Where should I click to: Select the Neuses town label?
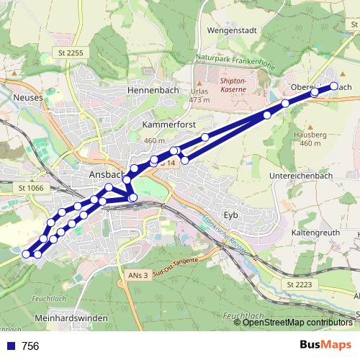pyautogui.click(x=29, y=96)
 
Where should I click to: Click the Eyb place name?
pyautogui.click(x=230, y=215)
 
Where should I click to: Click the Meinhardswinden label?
pyautogui.click(x=71, y=318)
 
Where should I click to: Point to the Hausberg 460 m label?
pyautogui.click(x=311, y=139)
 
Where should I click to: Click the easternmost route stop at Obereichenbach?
pyautogui.click(x=333, y=86)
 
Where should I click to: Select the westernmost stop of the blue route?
pyautogui.click(x=27, y=253)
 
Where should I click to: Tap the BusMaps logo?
pyautogui.click(x=325, y=346)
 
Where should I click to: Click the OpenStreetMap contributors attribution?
pyautogui.click(x=297, y=322)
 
